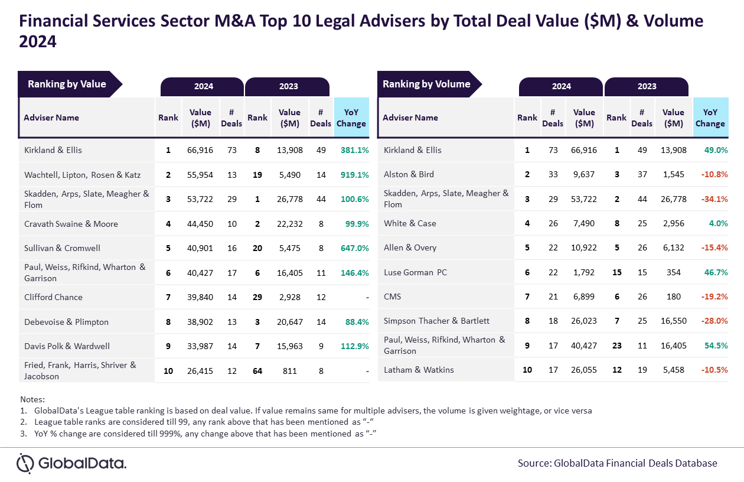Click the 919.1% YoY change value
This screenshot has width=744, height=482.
click(354, 175)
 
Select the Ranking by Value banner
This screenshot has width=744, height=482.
click(70, 84)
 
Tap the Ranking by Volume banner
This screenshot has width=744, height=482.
click(429, 84)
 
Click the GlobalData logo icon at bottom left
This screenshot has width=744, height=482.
click(25, 463)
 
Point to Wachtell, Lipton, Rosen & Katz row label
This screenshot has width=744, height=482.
click(83, 175)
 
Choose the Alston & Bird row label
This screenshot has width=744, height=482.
click(409, 174)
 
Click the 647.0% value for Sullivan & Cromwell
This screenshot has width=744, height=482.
click(354, 248)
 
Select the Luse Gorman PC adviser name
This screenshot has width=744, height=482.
click(415, 272)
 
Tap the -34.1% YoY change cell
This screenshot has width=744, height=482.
click(714, 199)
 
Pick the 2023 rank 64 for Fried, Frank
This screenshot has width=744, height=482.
click(257, 371)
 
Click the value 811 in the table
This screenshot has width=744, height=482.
click(289, 371)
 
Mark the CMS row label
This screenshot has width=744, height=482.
click(392, 297)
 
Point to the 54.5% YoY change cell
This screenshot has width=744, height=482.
click(716, 346)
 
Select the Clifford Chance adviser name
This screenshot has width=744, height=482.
click(53, 297)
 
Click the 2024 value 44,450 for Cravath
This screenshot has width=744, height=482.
click(200, 224)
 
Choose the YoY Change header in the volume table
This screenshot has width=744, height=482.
click(710, 118)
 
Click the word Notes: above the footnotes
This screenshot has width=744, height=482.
click(32, 399)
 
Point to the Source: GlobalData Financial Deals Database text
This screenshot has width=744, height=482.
click(617, 463)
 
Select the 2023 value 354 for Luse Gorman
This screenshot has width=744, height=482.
click(673, 272)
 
